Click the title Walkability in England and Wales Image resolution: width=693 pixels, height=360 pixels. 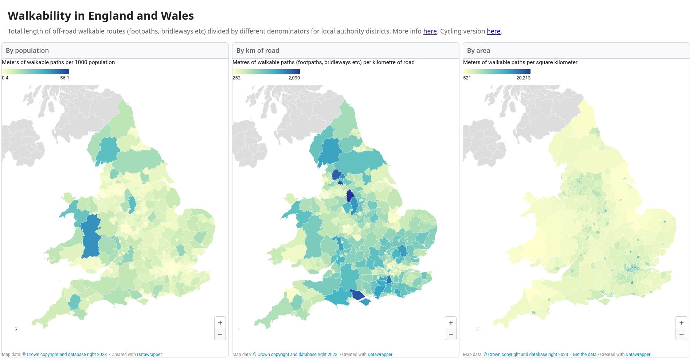click(x=101, y=16)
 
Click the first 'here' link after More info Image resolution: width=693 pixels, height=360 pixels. click(x=430, y=31)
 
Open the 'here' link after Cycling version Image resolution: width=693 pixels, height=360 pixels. click(x=493, y=31)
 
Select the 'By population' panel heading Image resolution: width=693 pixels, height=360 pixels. click(x=27, y=51)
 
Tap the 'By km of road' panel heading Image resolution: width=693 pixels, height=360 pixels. click(x=258, y=51)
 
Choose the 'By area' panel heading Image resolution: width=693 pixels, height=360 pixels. click(x=478, y=51)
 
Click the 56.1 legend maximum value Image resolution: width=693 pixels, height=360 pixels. click(x=64, y=78)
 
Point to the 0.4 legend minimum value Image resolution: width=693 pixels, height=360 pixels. click(x=5, y=78)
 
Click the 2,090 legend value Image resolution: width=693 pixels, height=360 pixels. click(x=294, y=78)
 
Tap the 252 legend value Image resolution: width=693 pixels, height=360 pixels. click(x=236, y=78)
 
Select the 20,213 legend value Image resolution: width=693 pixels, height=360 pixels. click(x=523, y=78)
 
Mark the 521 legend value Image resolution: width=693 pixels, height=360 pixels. click(x=467, y=78)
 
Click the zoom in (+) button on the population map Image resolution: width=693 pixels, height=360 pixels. click(x=220, y=322)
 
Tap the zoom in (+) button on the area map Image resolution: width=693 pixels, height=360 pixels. click(x=681, y=322)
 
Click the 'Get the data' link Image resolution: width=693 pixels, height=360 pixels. click(x=584, y=355)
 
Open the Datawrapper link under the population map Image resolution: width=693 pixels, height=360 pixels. click(x=149, y=355)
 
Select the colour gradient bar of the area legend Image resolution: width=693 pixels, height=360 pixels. click(x=497, y=72)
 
